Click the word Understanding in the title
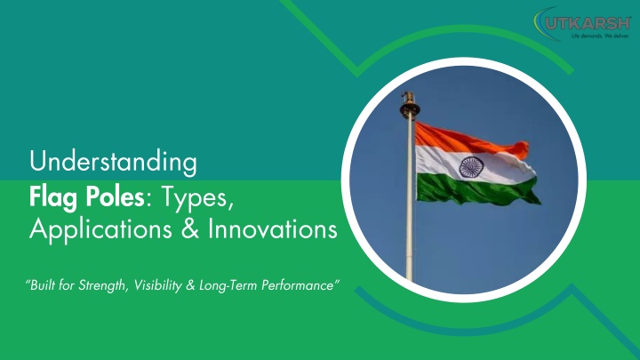113,162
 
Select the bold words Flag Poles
87,197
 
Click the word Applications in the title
100,230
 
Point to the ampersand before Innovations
190,228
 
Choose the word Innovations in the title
273,228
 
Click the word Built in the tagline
43,284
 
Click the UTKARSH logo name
588,24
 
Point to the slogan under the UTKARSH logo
600,36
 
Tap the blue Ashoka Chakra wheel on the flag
471,166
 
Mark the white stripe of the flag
474,164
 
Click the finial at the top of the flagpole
410,105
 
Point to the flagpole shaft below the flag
409,241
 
